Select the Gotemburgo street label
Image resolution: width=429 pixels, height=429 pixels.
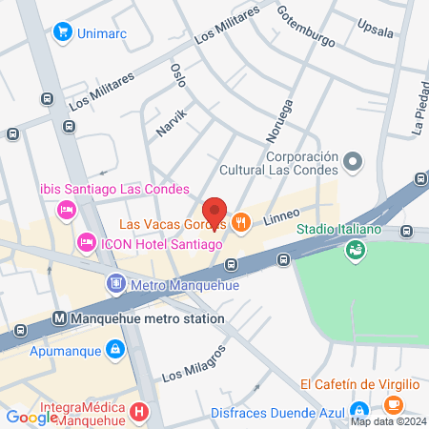[x=307, y=29]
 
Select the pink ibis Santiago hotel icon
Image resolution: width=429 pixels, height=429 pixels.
[x=67, y=208]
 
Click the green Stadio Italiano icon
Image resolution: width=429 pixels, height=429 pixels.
[x=355, y=249]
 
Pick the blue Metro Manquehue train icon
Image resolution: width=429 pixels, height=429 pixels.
[x=115, y=283]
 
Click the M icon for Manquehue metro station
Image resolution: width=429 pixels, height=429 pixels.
[x=59, y=318]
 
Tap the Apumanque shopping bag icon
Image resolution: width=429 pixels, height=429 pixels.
[x=114, y=350]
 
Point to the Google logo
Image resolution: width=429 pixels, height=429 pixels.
[x=31, y=417]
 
